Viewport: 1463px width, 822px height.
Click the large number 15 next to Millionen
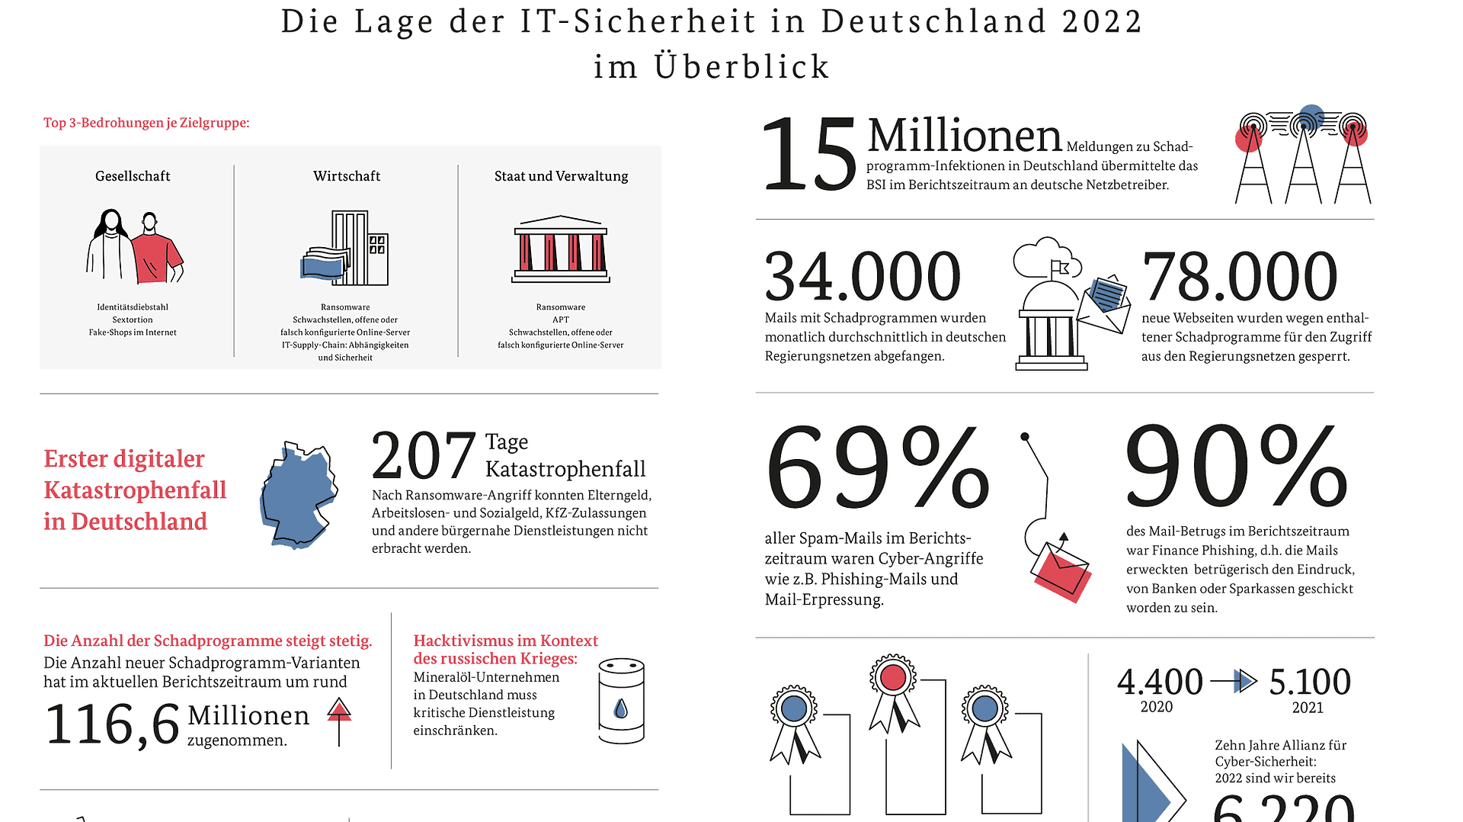(809, 156)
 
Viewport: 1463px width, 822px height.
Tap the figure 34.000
(862, 277)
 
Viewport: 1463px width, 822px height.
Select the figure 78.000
(1239, 277)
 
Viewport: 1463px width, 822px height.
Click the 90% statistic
(1236, 467)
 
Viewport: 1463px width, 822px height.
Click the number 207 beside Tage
(423, 456)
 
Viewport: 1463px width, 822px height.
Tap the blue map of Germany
(297, 494)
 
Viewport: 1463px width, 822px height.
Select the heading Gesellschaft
(133, 176)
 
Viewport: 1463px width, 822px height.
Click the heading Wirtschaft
(347, 176)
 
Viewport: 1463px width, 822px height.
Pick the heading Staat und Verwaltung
(561, 176)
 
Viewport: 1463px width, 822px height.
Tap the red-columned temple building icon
(561, 250)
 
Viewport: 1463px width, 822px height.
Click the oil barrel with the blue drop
(621, 702)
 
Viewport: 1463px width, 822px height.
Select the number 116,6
(112, 724)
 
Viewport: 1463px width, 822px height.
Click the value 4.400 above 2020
(1160, 682)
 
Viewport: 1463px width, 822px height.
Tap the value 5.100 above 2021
(1309, 682)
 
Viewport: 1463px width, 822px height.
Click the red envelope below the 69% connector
(1061, 573)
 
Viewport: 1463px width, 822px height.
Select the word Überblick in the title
(741, 67)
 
